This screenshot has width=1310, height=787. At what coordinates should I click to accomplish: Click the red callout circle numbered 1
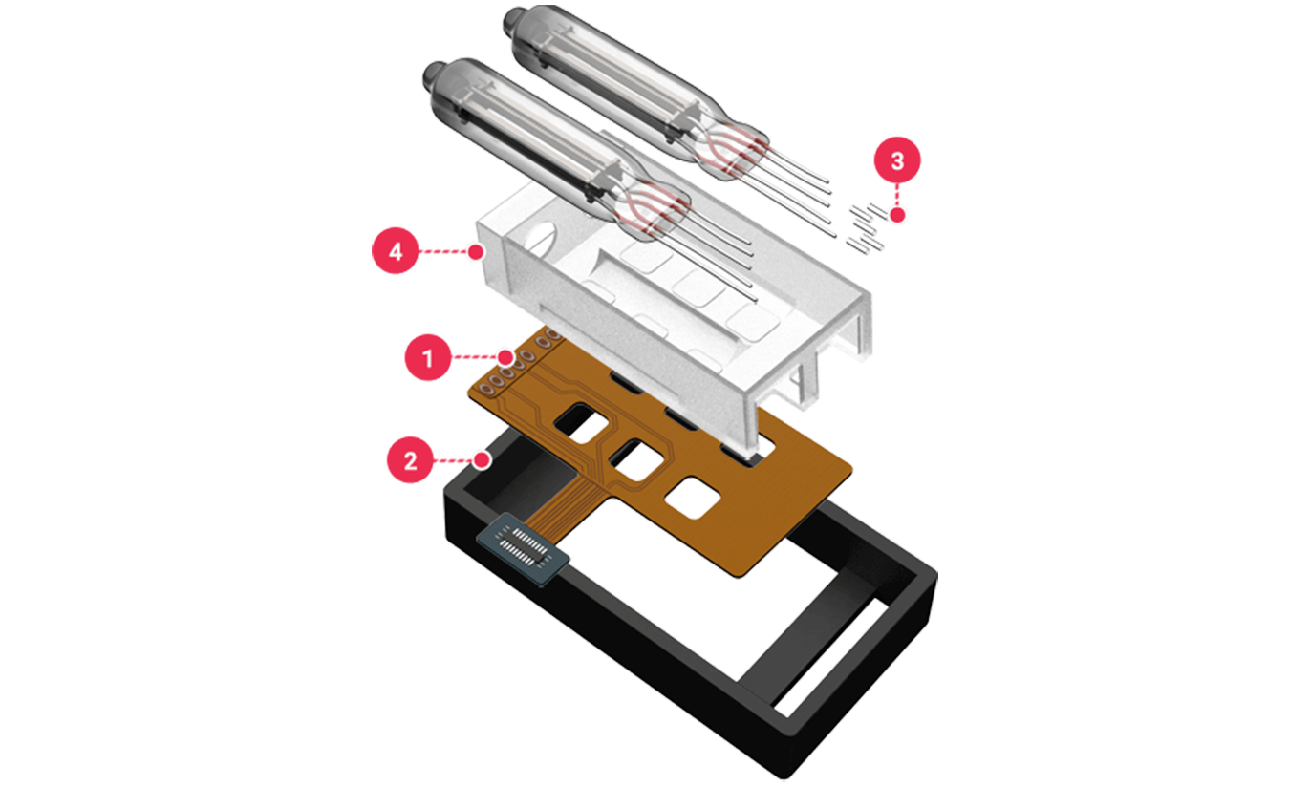pyautogui.click(x=428, y=357)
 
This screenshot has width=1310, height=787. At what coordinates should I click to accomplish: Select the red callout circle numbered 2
pyautogui.click(x=411, y=459)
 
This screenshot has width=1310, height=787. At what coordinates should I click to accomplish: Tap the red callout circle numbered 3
pyautogui.click(x=897, y=160)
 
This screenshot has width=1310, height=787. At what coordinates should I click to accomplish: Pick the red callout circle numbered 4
pyautogui.click(x=396, y=251)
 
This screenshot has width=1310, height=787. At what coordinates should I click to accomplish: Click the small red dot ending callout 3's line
pyautogui.click(x=898, y=215)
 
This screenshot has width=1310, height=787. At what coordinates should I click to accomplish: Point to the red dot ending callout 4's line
pyautogui.click(x=477, y=252)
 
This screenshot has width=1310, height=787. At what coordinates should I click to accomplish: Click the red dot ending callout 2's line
pyautogui.click(x=482, y=460)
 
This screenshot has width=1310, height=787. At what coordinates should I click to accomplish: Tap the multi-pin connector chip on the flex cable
pyautogui.click(x=524, y=549)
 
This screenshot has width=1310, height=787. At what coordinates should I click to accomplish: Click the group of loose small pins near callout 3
pyautogui.click(x=867, y=228)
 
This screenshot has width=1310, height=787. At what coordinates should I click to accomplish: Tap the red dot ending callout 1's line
pyautogui.click(x=505, y=356)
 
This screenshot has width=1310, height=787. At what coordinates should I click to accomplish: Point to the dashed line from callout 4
pyautogui.click(x=444, y=252)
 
